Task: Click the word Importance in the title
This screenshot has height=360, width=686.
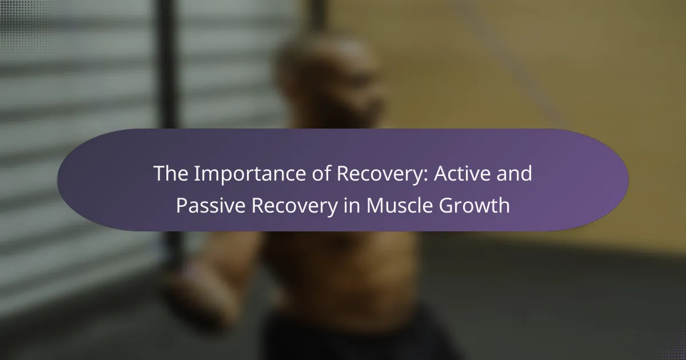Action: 250,174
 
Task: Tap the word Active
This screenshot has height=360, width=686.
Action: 461,173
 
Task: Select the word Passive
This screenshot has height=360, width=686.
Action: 211,205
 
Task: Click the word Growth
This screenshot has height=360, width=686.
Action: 474,205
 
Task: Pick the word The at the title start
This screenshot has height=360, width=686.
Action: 170,173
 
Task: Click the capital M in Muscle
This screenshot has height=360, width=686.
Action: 374,205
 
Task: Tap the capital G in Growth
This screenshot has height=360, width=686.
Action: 446,205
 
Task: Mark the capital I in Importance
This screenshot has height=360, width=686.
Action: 196,174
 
